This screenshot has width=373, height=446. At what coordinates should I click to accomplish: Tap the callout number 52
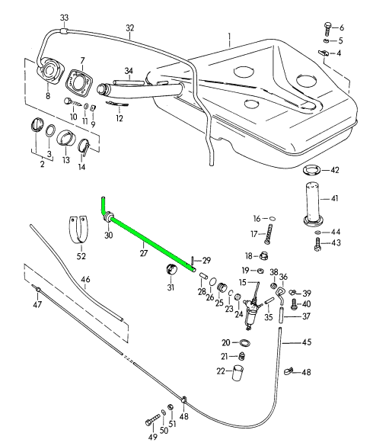pyautogui.click(x=81, y=256)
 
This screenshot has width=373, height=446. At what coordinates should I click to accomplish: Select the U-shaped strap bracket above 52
pyautogui.click(x=78, y=230)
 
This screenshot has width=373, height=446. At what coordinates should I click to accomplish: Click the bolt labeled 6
pyautogui.click(x=327, y=29)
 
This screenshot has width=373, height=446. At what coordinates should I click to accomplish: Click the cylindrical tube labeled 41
pyautogui.click(x=313, y=204)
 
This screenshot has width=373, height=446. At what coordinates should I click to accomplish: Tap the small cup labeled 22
pyautogui.click(x=238, y=373)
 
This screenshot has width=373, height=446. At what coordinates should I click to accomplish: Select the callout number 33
pyautogui.click(x=64, y=18)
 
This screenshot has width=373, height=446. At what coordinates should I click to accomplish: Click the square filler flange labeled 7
pyautogui.click(x=78, y=82)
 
